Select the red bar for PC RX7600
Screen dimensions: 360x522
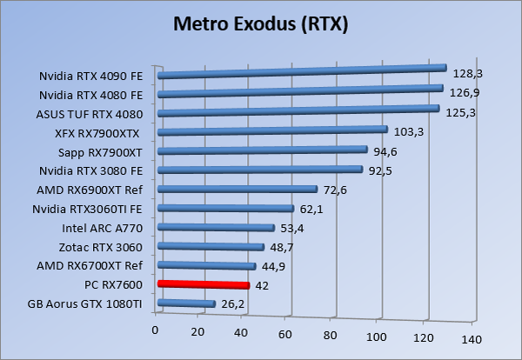point(204,284)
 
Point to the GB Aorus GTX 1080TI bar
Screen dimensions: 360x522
point(186,303)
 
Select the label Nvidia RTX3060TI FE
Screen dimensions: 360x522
point(88,209)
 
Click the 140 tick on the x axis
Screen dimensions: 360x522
point(472,339)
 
